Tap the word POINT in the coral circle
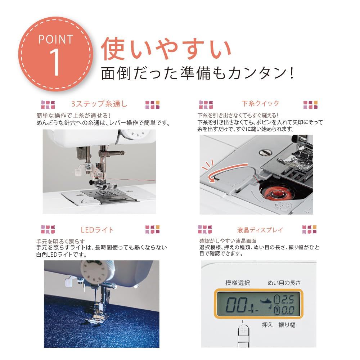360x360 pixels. tap(55, 39)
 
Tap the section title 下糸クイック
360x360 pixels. tap(260, 104)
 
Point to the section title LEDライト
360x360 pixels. tap(97, 230)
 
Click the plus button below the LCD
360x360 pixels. tap(244, 329)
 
